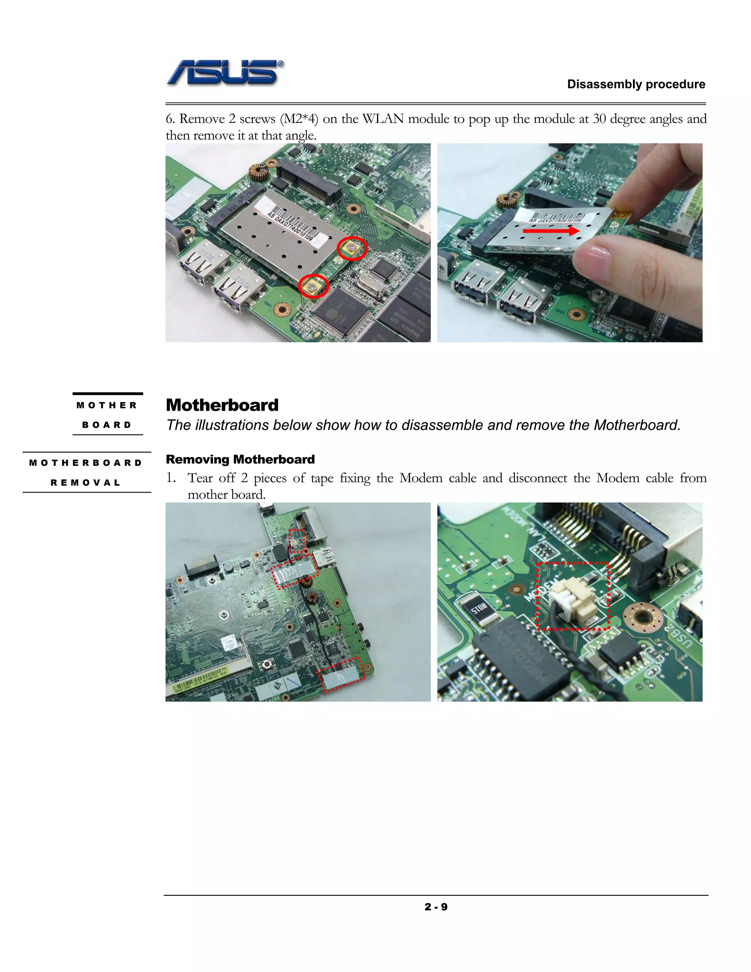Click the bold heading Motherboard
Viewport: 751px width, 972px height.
(x=222, y=405)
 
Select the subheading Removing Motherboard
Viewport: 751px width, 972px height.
(x=240, y=459)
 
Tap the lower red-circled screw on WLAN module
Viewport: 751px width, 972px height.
(x=314, y=286)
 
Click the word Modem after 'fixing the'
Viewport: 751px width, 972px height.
(x=421, y=478)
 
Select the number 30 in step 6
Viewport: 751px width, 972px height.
(x=600, y=119)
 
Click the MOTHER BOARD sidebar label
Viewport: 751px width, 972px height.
(x=107, y=415)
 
